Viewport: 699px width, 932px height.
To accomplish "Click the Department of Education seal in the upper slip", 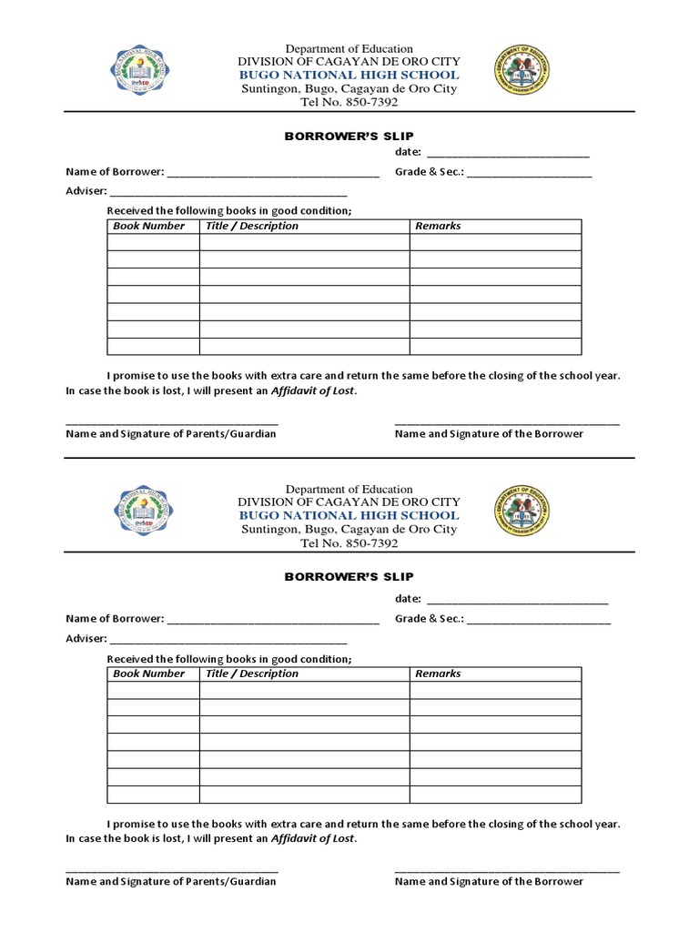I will pos(522,70).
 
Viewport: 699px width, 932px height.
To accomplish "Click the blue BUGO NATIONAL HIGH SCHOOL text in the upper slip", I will pos(349,75).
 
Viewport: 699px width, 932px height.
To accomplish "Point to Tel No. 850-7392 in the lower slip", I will pos(349,543).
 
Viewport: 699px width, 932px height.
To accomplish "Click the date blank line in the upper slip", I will pos(507,155).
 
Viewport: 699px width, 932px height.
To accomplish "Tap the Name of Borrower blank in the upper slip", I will pos(272,175).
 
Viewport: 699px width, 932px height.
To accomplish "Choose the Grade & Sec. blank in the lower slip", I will pos(539,622).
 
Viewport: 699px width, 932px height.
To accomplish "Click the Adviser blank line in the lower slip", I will pos(228,642).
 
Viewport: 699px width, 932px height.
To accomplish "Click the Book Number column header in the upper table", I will pos(149,226).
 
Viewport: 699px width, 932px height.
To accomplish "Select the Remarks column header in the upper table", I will pos(438,226).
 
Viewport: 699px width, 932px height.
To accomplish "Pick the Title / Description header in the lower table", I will pos(252,674).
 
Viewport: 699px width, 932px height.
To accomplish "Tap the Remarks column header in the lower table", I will pos(438,674).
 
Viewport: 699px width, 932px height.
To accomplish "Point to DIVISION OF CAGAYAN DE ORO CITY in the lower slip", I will pos(349,501).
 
